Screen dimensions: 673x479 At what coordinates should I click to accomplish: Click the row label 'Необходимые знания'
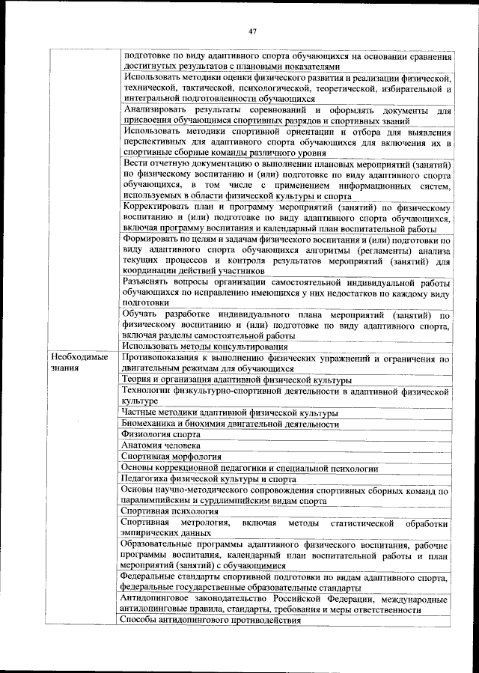73,363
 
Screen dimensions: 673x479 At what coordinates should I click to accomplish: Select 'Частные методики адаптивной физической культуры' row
230,412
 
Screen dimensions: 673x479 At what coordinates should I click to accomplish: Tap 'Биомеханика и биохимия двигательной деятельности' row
231,424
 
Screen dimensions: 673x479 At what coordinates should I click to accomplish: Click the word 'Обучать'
141,314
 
